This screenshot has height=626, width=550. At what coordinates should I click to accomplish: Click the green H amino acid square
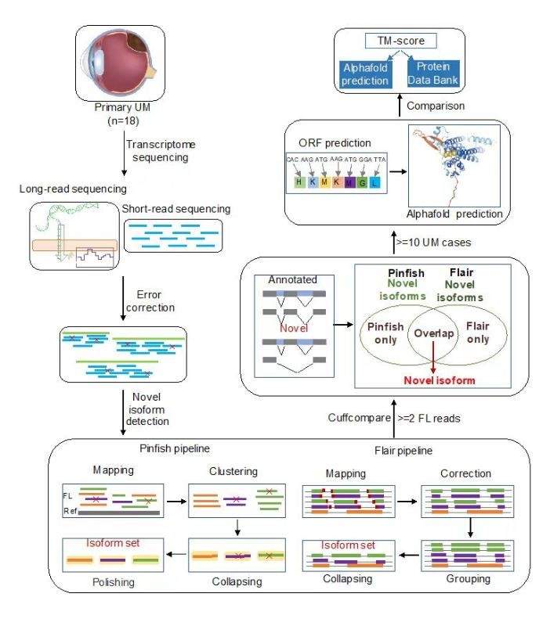(x=299, y=182)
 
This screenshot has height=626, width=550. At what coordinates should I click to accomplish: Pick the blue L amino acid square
(x=377, y=182)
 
